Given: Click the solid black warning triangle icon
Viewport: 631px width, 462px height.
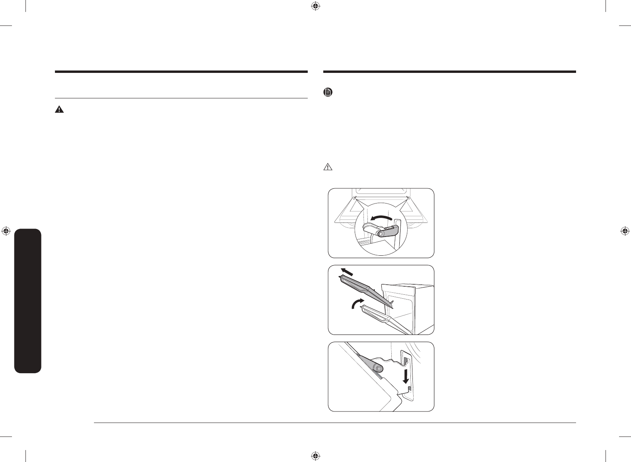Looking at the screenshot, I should [59, 110].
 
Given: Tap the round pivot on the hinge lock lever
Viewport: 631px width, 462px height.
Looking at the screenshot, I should [381, 234].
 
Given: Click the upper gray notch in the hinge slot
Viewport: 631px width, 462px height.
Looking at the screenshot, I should [406, 360].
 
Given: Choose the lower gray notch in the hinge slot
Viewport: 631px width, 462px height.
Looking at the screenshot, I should [409, 387].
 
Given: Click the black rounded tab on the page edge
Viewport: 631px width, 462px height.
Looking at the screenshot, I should [27, 301].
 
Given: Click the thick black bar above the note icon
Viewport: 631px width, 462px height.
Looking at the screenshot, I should [449, 72].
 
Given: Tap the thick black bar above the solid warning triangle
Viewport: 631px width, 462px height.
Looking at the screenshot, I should [181, 72].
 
